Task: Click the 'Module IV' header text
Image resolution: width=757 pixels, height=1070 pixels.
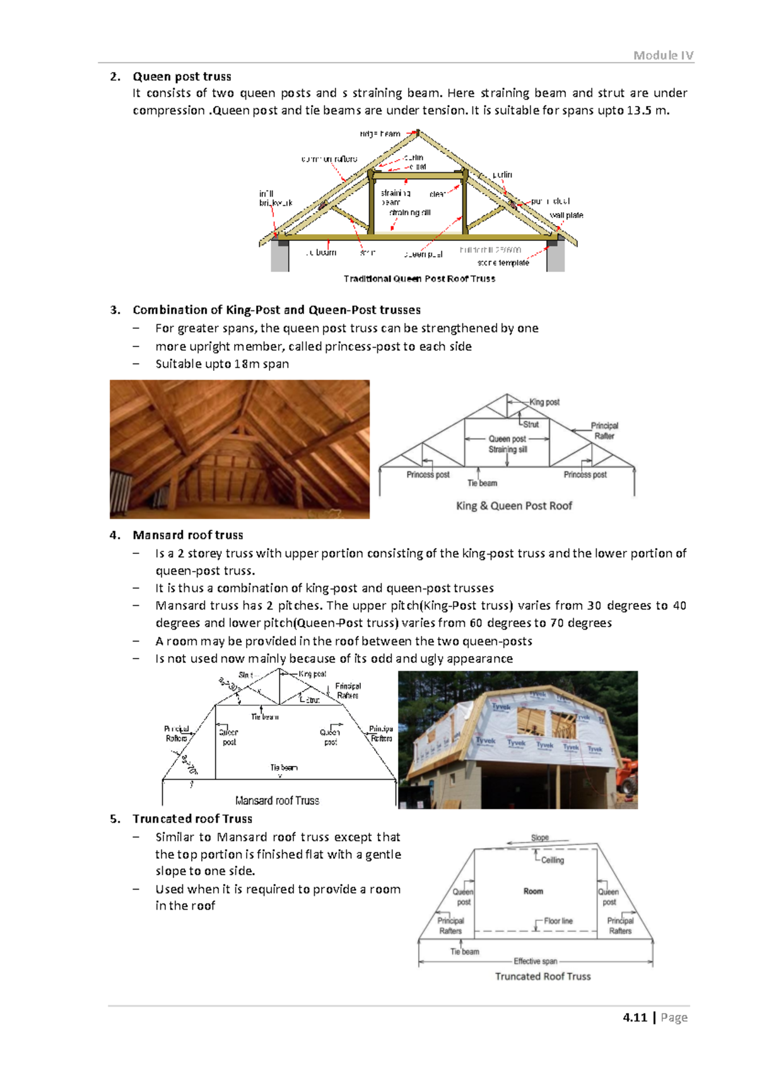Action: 663,56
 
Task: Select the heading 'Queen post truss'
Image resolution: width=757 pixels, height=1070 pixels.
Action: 182,77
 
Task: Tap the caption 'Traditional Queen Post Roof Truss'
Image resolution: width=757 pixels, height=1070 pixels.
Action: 419,279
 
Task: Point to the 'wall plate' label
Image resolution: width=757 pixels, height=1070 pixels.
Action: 566,215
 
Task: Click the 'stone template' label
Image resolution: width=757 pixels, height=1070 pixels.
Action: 503,263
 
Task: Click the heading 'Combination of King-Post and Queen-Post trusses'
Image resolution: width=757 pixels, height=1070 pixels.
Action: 276,310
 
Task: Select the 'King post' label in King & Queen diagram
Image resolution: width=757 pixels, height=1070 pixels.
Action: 544,402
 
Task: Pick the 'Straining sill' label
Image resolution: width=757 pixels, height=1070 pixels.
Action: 507,450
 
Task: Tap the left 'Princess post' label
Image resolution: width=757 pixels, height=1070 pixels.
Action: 428,475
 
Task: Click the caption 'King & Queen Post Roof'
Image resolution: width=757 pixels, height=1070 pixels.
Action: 513,506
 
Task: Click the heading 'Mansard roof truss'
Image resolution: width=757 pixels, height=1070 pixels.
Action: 187,535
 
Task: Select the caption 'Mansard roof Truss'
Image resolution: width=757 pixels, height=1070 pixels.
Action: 277,801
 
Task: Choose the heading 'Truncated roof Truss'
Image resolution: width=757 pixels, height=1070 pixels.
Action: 192,819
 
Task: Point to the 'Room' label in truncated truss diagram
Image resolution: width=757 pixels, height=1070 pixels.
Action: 533,891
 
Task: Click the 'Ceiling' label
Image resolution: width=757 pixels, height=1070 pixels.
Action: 553,861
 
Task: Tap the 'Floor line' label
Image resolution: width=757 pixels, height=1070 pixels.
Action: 558,921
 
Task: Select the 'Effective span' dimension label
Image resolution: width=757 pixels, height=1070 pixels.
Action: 535,961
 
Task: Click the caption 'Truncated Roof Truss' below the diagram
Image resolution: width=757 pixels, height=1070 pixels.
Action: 543,977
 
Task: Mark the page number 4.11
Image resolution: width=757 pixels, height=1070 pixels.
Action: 635,1018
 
